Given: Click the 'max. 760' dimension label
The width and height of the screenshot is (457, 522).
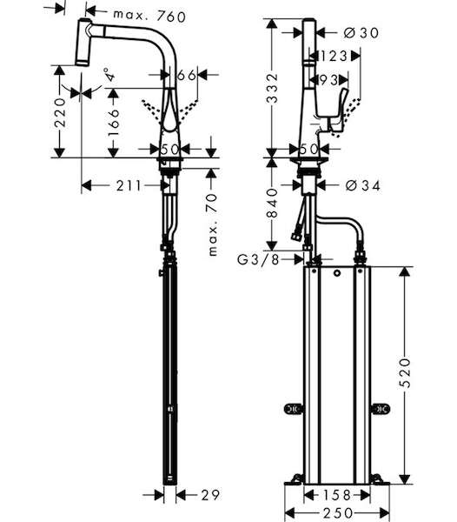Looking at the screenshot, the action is [149, 16].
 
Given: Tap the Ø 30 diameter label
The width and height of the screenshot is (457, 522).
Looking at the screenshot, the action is [361, 33].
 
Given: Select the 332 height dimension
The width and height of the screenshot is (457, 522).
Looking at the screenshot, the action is [273, 88].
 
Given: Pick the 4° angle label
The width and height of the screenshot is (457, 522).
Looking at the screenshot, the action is [109, 75].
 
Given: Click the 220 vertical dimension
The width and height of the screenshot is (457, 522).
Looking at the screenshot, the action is [60, 112].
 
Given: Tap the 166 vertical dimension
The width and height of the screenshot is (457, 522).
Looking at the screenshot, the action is [113, 122].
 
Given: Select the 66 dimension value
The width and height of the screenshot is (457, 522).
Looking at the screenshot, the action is [187, 75].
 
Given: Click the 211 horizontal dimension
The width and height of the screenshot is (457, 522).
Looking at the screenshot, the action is [129, 186].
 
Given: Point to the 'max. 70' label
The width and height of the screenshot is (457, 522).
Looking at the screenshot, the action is [212, 225].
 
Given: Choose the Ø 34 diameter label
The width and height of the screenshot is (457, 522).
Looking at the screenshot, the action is [362, 186].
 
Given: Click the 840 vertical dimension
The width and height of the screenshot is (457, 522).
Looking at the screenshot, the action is [273, 203].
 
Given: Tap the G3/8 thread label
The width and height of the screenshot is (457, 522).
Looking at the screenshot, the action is [258, 259].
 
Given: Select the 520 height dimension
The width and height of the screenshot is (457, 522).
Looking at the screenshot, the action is [405, 373].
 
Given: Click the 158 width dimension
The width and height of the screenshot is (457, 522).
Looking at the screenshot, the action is [337, 495].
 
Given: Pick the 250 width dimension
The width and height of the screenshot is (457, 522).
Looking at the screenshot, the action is [337, 512].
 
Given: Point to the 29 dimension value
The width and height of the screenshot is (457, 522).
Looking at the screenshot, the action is [210, 495].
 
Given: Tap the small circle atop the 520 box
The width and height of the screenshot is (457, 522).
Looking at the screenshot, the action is [337, 274].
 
